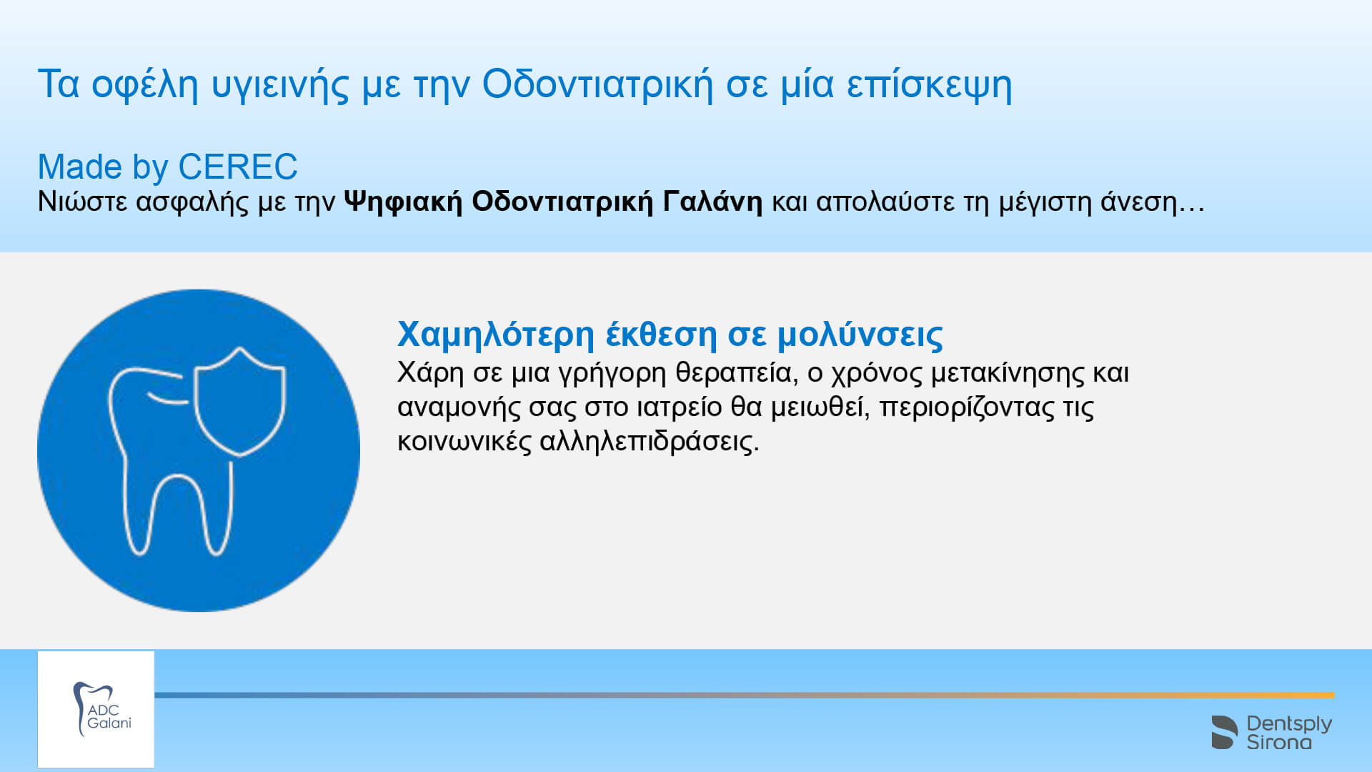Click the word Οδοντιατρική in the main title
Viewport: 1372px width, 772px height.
(597, 84)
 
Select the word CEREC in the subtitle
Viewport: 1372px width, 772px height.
(237, 167)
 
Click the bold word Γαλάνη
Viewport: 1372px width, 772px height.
(712, 201)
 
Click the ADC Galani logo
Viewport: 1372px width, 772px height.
(96, 709)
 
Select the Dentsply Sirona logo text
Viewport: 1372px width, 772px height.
(1289, 733)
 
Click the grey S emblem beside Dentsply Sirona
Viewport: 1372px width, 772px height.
(1224, 732)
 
